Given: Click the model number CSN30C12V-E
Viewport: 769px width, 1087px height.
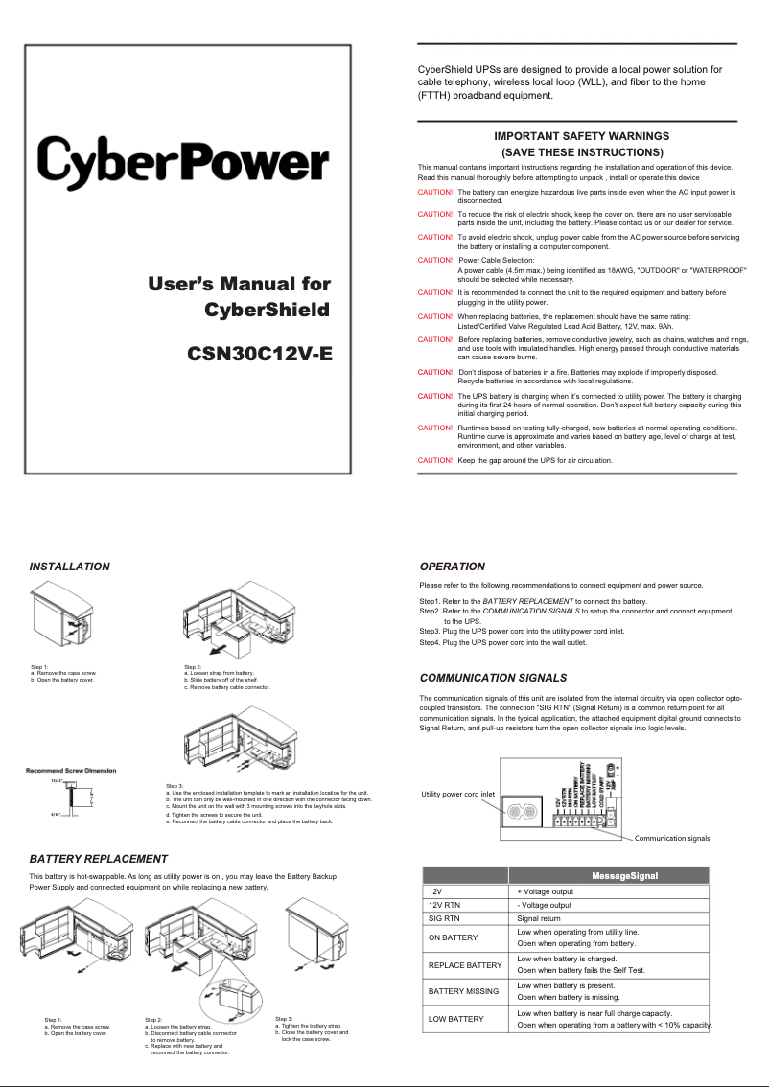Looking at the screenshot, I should pyautogui.click(x=260, y=352).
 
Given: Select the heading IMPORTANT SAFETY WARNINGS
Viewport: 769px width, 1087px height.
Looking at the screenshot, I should pyautogui.click(x=581, y=136).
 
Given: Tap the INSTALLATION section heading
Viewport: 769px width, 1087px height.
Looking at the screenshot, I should pyautogui.click(x=69, y=567).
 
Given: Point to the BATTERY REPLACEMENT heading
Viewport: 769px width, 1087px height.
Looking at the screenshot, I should pyautogui.click(x=99, y=858).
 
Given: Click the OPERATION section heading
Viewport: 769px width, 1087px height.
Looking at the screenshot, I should pyautogui.click(x=453, y=567).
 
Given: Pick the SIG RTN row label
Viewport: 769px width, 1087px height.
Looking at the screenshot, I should pyautogui.click(x=447, y=918).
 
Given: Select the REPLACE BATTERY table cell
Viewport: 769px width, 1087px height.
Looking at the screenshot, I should pyautogui.click(x=465, y=964).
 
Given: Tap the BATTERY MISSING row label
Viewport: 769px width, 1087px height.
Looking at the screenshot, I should pyautogui.click(x=463, y=991).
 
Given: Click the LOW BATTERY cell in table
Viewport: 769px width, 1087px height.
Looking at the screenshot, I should pyautogui.click(x=456, y=1019).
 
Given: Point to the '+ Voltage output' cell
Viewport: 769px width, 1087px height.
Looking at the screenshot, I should pyautogui.click(x=546, y=891).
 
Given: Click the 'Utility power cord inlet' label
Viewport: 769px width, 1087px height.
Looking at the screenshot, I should pyautogui.click(x=458, y=794).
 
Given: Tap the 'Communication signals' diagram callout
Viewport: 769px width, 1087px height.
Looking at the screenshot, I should pyautogui.click(x=671, y=838).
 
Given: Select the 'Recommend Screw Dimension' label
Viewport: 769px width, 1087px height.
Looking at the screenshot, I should pyautogui.click(x=71, y=770).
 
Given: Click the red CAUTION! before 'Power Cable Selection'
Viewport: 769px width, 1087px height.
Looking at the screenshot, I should pyautogui.click(x=435, y=260).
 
